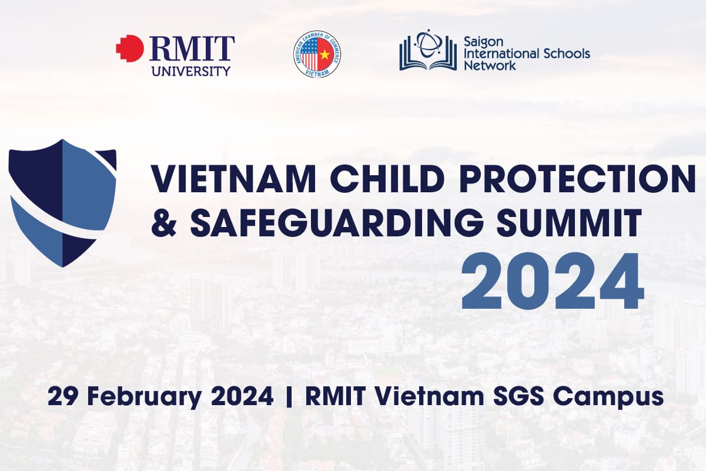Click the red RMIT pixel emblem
pos(129,48)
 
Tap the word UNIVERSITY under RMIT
pos(191,72)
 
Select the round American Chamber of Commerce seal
pos(317,55)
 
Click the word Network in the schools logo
pos(490,65)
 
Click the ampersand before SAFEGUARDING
pos(165,224)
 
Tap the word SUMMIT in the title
pos(573,224)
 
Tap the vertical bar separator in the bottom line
pos(289,396)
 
